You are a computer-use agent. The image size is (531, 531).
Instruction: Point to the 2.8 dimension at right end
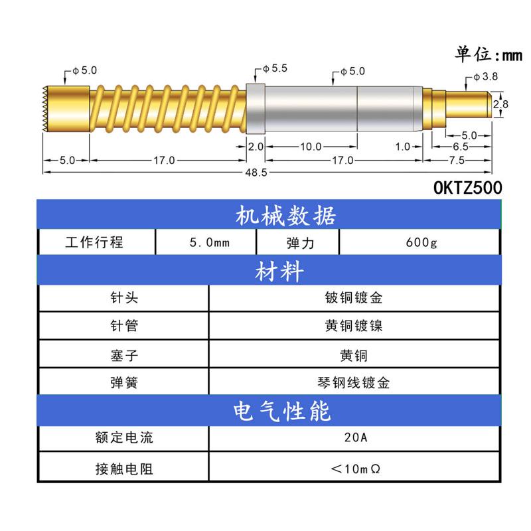point(501,104)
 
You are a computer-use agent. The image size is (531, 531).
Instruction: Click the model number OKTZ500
point(467,188)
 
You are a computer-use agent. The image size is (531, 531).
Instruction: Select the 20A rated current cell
point(354,438)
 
